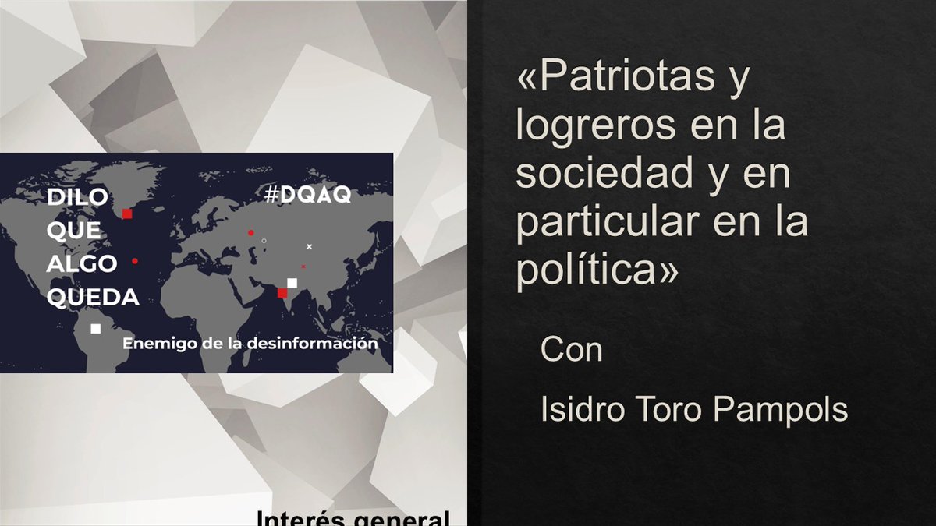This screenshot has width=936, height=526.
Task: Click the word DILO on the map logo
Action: point(77,197)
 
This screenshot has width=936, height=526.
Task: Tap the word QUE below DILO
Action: point(73,231)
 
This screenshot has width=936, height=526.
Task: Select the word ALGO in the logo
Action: point(81,263)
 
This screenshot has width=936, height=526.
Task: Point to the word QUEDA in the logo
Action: point(93,297)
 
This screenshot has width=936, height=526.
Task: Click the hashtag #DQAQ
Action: point(307,196)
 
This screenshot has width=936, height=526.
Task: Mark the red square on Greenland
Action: point(127,214)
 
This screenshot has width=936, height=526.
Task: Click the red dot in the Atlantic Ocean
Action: point(135,261)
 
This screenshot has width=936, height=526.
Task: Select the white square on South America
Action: point(95,329)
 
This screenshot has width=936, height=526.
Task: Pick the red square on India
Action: point(282,293)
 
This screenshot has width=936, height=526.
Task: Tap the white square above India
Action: point(292,283)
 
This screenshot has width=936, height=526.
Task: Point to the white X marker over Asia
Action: point(309,246)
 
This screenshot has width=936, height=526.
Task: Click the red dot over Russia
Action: point(250,233)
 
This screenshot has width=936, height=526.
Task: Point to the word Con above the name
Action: point(572,351)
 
